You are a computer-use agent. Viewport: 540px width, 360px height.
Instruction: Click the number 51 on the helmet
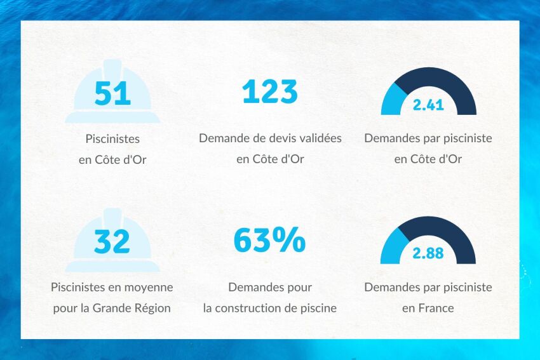112,93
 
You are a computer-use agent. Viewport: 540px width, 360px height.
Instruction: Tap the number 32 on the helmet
112,241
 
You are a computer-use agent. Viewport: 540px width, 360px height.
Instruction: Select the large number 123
270,92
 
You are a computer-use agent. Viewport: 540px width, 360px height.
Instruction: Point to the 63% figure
270,241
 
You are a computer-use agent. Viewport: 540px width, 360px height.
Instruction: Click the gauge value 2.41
428,105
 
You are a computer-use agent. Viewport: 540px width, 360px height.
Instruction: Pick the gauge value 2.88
428,254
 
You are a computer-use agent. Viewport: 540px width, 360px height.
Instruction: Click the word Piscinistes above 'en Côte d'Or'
112,138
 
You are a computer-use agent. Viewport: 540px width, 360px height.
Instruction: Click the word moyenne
152,287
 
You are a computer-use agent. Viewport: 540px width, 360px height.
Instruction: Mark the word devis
269,138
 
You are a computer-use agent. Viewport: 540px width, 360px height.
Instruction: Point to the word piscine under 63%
319,309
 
